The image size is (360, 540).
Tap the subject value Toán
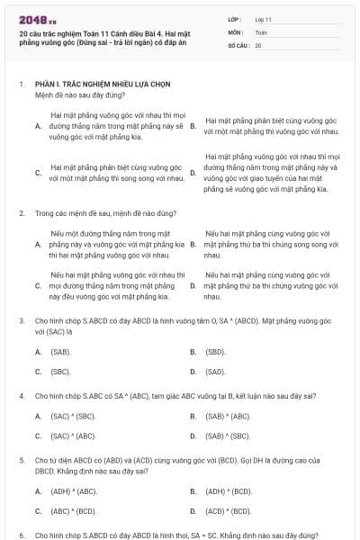[x=261, y=31]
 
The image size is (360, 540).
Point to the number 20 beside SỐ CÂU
[x=258, y=44]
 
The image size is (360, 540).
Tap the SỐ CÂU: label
[x=238, y=44]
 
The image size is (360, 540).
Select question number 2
[x=21, y=213]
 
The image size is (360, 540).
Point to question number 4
[x=21, y=395]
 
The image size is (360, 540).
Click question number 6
[x=21, y=535]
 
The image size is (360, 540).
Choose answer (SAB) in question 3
[x=60, y=351]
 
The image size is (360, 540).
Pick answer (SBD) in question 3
[x=214, y=351]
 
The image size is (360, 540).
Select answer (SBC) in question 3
[x=60, y=371]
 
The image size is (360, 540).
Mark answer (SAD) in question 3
[x=214, y=371]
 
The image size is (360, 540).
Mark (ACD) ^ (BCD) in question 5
[x=228, y=510]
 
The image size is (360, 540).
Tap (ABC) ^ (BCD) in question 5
[x=73, y=510]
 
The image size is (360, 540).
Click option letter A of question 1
[x=38, y=127]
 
